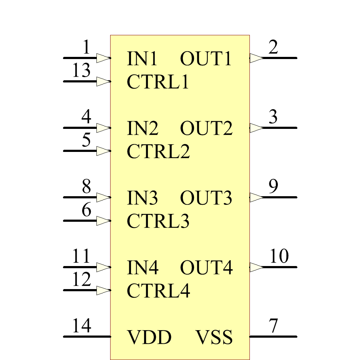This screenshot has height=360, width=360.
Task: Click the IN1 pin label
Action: click(x=142, y=59)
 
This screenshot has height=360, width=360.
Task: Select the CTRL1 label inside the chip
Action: click(x=158, y=82)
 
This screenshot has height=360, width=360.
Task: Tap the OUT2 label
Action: click(x=206, y=129)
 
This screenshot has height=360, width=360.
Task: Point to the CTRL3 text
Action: click(x=158, y=221)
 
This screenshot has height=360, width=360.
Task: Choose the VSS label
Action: click(x=214, y=337)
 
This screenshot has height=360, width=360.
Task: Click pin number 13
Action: click(x=81, y=71)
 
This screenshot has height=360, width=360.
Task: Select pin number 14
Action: click(x=81, y=326)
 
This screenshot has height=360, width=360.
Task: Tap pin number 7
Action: click(x=274, y=326)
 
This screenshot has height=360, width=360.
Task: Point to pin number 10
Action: click(x=279, y=256)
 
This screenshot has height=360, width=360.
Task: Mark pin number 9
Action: click(x=274, y=186)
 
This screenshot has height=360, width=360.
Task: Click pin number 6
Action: click(x=86, y=210)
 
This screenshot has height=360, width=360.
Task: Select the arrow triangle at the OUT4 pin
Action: click(x=256, y=267)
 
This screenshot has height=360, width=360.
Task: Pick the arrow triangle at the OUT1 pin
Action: click(x=256, y=58)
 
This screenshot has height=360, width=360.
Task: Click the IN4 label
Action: click(x=143, y=268)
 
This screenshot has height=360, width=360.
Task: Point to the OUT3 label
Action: click(x=206, y=198)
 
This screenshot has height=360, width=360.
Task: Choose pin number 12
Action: click(x=81, y=280)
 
